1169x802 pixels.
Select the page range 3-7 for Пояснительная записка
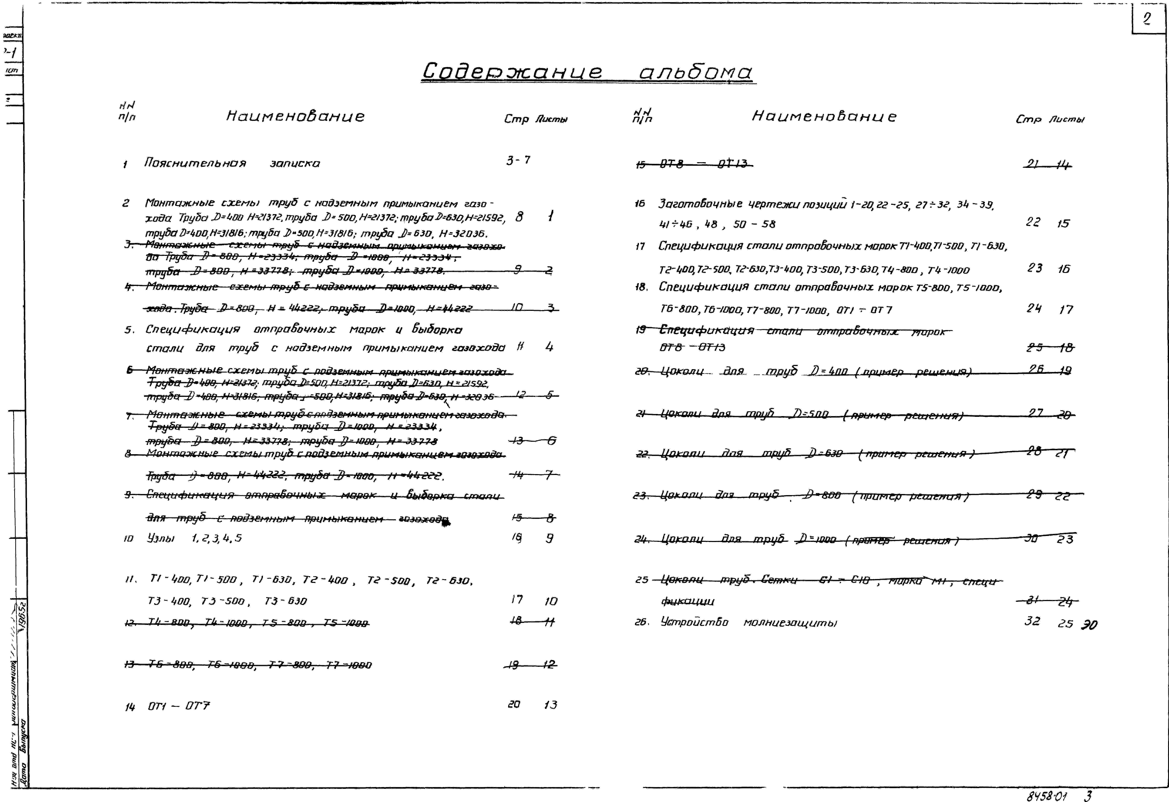point(518,160)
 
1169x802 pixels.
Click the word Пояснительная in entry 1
point(195,163)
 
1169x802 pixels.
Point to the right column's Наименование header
point(824,117)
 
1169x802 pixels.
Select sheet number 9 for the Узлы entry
point(550,538)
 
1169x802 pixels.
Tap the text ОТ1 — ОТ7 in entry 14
point(179,706)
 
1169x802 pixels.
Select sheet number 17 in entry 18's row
point(1066,310)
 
